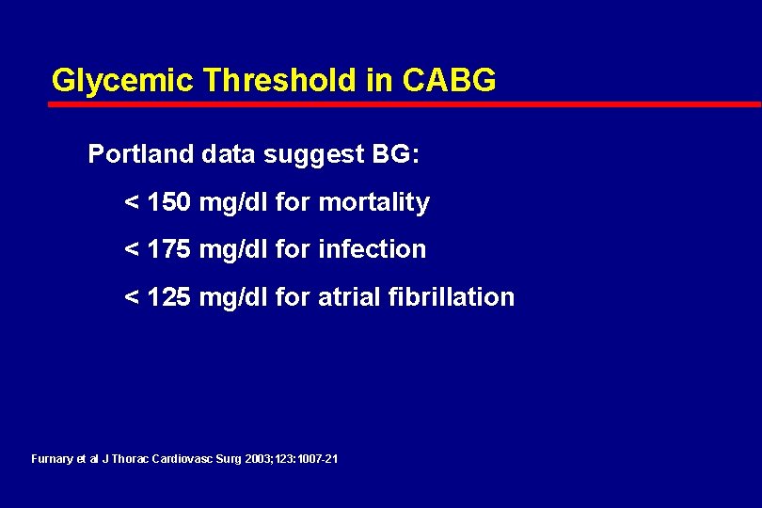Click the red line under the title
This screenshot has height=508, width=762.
pos(405,104)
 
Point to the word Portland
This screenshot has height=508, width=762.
pos(140,154)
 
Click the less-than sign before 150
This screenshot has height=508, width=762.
pos(133,203)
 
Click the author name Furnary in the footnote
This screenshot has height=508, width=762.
pos(52,459)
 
